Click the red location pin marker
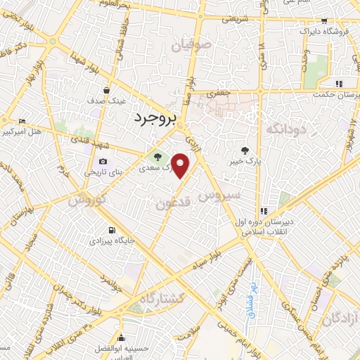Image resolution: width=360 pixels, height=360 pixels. pos(181,166)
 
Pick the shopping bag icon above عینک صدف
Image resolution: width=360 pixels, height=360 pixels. pos(106,90)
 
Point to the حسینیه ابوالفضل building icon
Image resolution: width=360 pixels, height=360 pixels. pos(122,335)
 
